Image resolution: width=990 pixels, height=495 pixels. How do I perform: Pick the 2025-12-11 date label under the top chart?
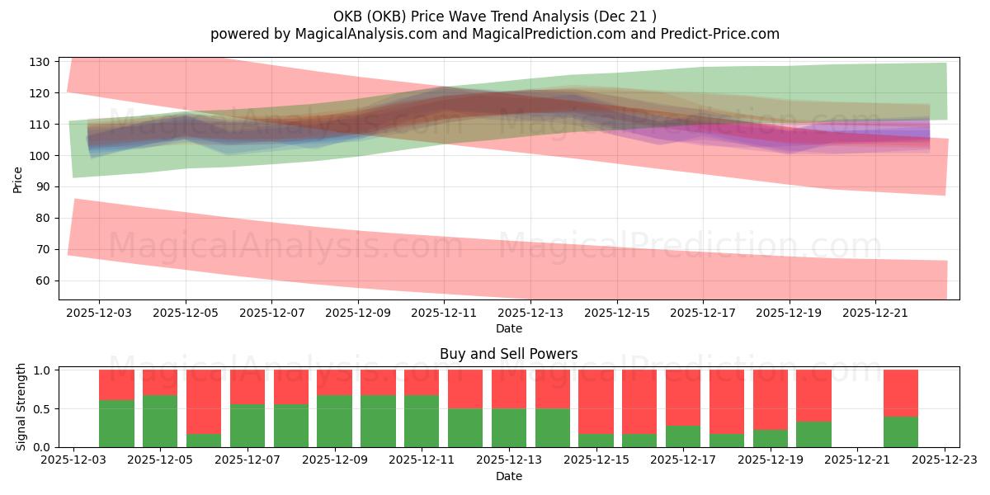click(445, 313)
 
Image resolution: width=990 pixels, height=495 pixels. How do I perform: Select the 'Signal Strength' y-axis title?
click(21, 407)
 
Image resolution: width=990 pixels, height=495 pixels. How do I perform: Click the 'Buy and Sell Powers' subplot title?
click(508, 354)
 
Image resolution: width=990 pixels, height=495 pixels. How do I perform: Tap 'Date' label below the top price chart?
click(508, 328)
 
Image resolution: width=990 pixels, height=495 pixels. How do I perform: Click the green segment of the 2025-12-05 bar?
click(160, 421)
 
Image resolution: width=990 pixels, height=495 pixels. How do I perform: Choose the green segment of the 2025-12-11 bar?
click(422, 421)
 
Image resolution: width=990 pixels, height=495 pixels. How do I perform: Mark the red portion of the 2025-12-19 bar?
click(770, 399)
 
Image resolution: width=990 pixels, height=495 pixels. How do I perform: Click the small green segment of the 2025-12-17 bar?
click(683, 436)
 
